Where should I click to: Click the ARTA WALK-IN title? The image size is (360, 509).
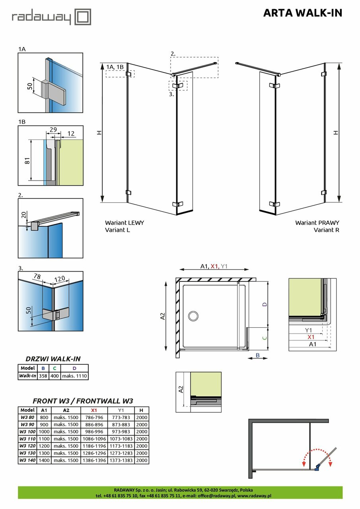click(x=302, y=13)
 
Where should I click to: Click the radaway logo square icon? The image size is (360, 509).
click(x=83, y=17)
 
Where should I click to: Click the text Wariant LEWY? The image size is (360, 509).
click(x=125, y=223)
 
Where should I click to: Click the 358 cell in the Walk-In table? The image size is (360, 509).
click(x=43, y=376)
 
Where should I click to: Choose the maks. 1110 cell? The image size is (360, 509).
click(x=74, y=376)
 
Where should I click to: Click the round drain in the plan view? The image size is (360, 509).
click(x=194, y=316)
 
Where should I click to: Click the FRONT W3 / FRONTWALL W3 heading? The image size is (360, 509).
click(x=82, y=401)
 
